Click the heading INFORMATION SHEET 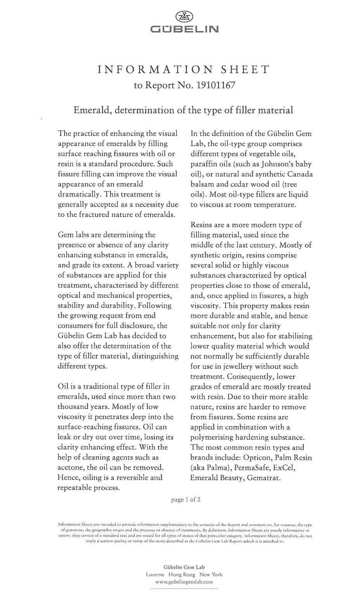tap(183, 70)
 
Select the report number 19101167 tap(216, 85)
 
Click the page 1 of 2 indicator tap(186, 500)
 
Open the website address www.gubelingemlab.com tap(184, 582)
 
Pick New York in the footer tap(211, 575)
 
